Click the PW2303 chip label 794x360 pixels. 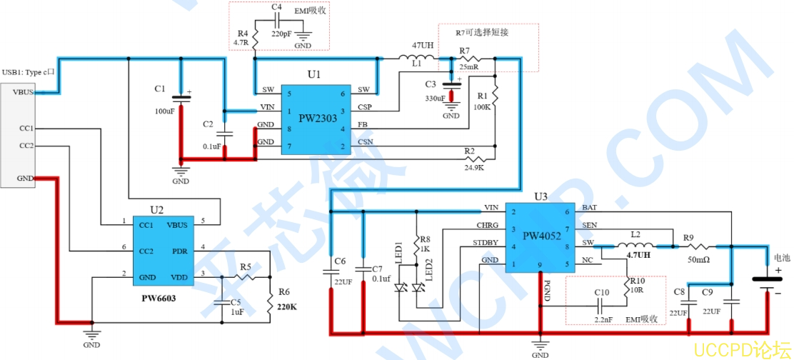[x=318, y=118]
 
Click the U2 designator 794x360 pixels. [x=156, y=209]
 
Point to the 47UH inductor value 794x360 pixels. [x=422, y=45]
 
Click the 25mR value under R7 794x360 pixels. [x=469, y=67]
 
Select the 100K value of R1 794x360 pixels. [x=482, y=107]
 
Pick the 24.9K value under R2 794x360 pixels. [x=473, y=168]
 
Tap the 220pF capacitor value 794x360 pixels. [x=281, y=33]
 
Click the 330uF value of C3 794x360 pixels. [x=436, y=99]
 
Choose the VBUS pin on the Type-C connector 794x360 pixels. [x=23, y=92]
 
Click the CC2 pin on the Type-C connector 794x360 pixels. [x=26, y=146]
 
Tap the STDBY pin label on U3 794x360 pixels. [x=486, y=244]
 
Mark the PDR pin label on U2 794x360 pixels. [x=180, y=251]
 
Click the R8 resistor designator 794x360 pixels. [x=425, y=239]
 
